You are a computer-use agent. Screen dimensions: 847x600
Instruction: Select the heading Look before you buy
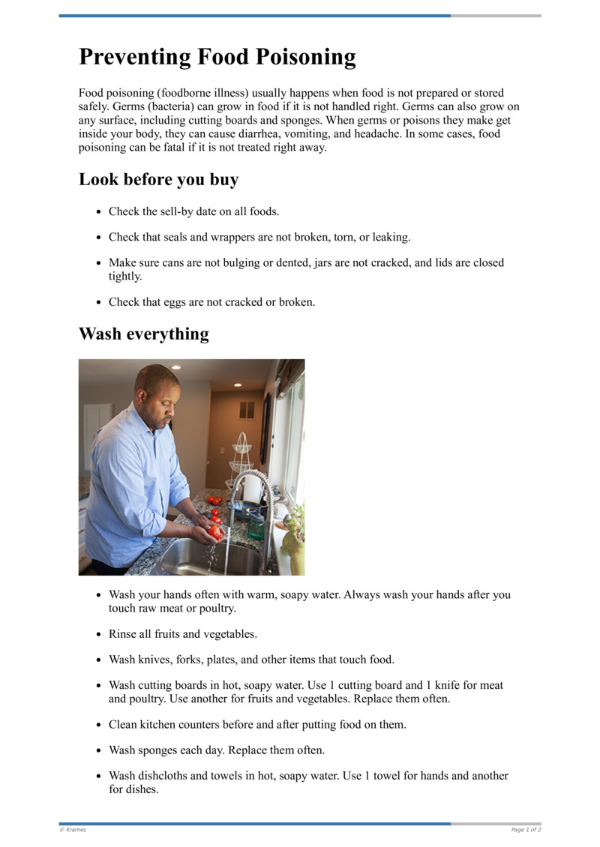coord(158,180)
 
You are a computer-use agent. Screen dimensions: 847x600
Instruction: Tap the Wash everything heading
coord(143,334)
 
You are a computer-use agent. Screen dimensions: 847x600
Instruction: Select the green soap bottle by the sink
coord(256,528)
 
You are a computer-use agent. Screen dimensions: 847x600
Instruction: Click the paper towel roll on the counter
coord(252,488)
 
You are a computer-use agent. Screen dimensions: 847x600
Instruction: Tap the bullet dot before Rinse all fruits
coord(98,634)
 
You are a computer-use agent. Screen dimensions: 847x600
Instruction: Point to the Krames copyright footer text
coord(73,830)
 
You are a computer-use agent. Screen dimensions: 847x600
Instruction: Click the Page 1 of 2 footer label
coord(526,830)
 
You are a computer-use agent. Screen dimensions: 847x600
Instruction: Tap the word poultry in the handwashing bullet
coord(214,608)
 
